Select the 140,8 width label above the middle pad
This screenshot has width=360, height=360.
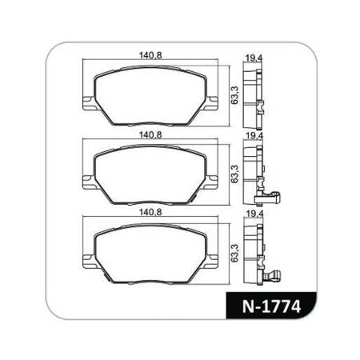(x=150, y=136)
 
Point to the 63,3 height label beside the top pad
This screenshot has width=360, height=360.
(x=233, y=94)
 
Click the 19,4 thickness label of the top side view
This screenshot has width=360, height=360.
(x=254, y=58)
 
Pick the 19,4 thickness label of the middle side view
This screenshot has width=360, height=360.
(x=254, y=136)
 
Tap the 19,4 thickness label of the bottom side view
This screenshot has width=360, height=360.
(x=254, y=214)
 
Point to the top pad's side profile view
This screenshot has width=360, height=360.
(x=254, y=94)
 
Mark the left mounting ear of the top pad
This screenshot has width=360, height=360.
(x=89, y=102)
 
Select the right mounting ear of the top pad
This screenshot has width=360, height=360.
(x=213, y=102)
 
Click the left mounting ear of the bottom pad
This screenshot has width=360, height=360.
(x=89, y=258)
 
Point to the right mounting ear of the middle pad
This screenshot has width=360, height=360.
(x=213, y=180)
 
